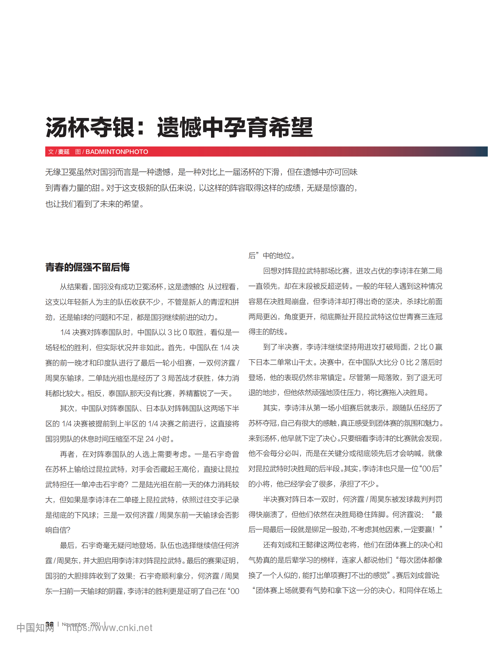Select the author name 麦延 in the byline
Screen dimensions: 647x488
[64, 152]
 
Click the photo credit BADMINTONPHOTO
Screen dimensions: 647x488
[117, 152]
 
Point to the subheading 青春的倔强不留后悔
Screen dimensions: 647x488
[87, 267]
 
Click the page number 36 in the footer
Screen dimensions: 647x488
[49, 624]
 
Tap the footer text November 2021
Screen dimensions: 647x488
[81, 624]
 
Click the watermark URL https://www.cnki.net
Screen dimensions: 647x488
[109, 628]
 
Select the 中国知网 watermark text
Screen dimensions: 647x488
[35, 628]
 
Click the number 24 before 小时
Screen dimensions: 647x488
[149, 439]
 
